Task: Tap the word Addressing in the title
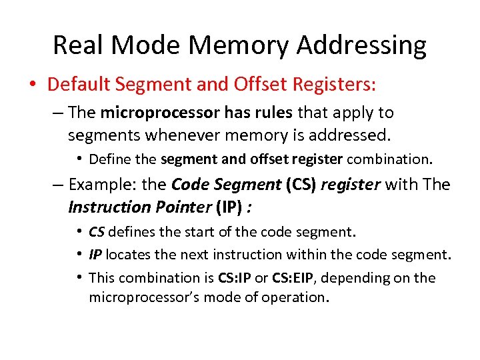(x=361, y=45)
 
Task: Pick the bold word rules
(x=273, y=113)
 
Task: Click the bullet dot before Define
(x=79, y=159)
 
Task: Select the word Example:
(x=97, y=185)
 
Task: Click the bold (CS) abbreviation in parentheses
(x=301, y=185)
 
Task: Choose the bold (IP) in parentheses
(x=229, y=207)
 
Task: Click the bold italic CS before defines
(x=97, y=232)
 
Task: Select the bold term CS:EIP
(x=294, y=277)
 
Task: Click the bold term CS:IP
(x=237, y=277)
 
